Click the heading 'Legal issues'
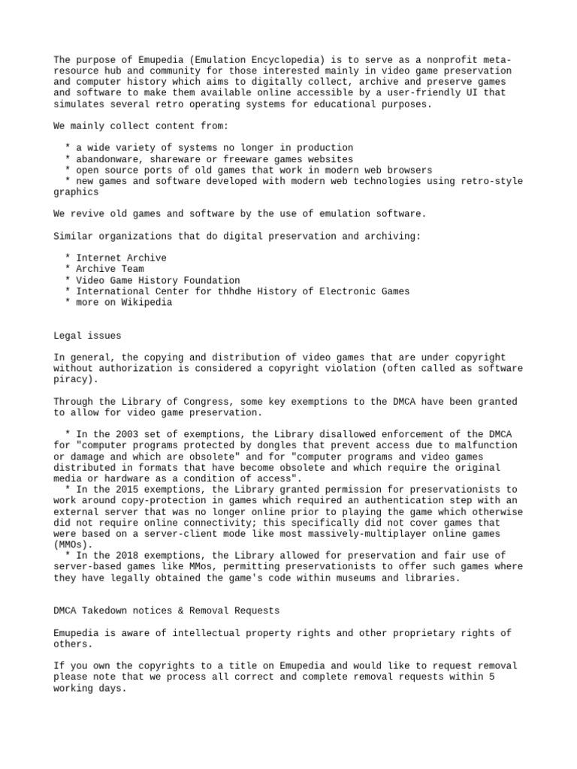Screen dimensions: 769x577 point(87,336)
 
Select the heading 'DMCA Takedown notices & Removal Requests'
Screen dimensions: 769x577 point(166,611)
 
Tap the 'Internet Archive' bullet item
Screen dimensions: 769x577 point(121,258)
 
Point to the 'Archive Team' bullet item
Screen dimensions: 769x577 point(110,269)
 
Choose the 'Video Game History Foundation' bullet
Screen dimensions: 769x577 point(158,280)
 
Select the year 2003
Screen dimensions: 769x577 point(107,434)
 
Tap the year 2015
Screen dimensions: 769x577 point(107,490)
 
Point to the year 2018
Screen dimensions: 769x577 point(107,556)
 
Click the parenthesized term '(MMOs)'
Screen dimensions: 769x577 point(73,545)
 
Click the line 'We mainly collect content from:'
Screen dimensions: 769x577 point(141,126)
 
